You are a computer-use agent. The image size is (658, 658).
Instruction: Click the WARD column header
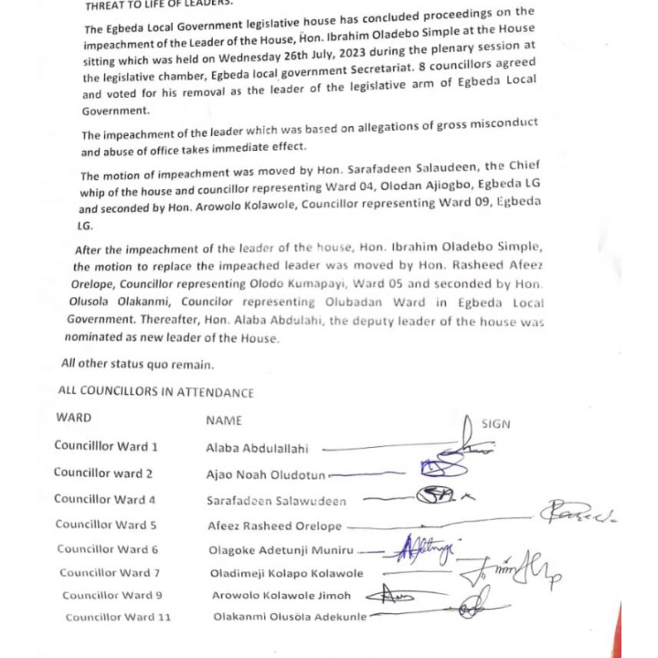coord(73,418)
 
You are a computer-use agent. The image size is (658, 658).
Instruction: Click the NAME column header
coord(224,420)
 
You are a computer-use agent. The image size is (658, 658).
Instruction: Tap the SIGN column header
coord(495,424)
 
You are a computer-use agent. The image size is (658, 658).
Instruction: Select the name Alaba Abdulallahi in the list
coord(257,449)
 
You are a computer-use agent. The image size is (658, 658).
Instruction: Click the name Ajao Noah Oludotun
coord(265,475)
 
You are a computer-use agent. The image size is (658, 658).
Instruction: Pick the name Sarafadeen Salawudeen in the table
coord(276,501)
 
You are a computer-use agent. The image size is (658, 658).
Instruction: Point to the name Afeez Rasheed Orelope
coord(274,526)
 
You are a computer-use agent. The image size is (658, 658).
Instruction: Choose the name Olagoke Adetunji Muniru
coord(280,550)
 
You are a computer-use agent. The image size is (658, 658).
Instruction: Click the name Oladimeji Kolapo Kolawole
coord(286,574)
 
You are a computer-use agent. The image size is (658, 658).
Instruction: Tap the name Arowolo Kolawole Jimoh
coord(281,596)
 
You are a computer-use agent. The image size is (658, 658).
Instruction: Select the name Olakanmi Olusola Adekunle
coord(290,617)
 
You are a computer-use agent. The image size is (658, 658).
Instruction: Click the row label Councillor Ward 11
coord(118,617)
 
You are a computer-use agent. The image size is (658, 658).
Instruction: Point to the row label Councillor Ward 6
coord(107,549)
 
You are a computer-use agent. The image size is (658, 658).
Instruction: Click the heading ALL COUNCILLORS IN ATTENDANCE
coord(155,392)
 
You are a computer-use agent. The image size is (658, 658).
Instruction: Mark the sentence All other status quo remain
coord(137,364)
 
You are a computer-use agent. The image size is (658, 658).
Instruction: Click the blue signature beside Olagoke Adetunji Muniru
coord(426,548)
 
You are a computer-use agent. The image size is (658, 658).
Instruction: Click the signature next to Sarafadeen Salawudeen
coord(437,496)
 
